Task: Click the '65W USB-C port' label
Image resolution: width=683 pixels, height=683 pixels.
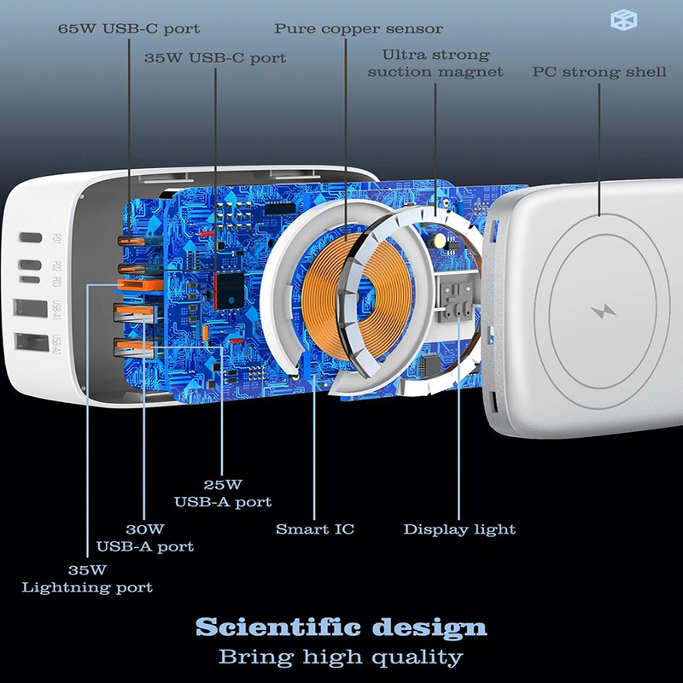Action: tap(128, 28)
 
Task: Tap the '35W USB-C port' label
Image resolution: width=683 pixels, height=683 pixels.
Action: tap(215, 58)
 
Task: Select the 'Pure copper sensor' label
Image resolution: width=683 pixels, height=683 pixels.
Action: tap(359, 28)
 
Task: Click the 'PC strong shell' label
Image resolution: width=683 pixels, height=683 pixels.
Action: tap(599, 72)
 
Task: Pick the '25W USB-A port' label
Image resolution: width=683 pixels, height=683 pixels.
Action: tap(223, 492)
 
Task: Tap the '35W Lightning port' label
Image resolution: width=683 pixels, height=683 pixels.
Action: tap(87, 578)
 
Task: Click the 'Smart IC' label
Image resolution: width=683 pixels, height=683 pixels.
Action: tap(315, 529)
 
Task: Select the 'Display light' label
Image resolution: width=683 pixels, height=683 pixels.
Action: tap(459, 529)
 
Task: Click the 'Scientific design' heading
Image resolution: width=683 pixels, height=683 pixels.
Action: tap(341, 628)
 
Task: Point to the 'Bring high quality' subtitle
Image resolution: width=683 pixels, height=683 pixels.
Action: tap(341, 657)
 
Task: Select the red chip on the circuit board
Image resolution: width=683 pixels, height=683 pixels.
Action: tap(229, 290)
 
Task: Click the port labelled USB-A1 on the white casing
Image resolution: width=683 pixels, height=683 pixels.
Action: tap(31, 309)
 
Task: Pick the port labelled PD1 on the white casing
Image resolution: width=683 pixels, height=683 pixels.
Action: tap(31, 238)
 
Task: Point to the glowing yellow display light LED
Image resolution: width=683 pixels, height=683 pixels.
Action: tap(439, 242)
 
